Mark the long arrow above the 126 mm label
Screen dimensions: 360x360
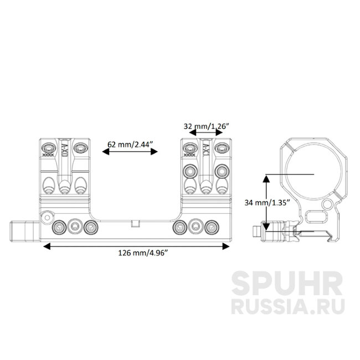pyautogui.click(x=136, y=245)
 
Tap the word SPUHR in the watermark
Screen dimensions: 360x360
pyautogui.click(x=286, y=284)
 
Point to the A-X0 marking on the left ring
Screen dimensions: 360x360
pyautogui.click(x=64, y=150)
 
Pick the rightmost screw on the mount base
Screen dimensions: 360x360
pyautogui.click(x=211, y=226)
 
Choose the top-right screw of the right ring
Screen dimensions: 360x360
pyautogui.click(x=222, y=147)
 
